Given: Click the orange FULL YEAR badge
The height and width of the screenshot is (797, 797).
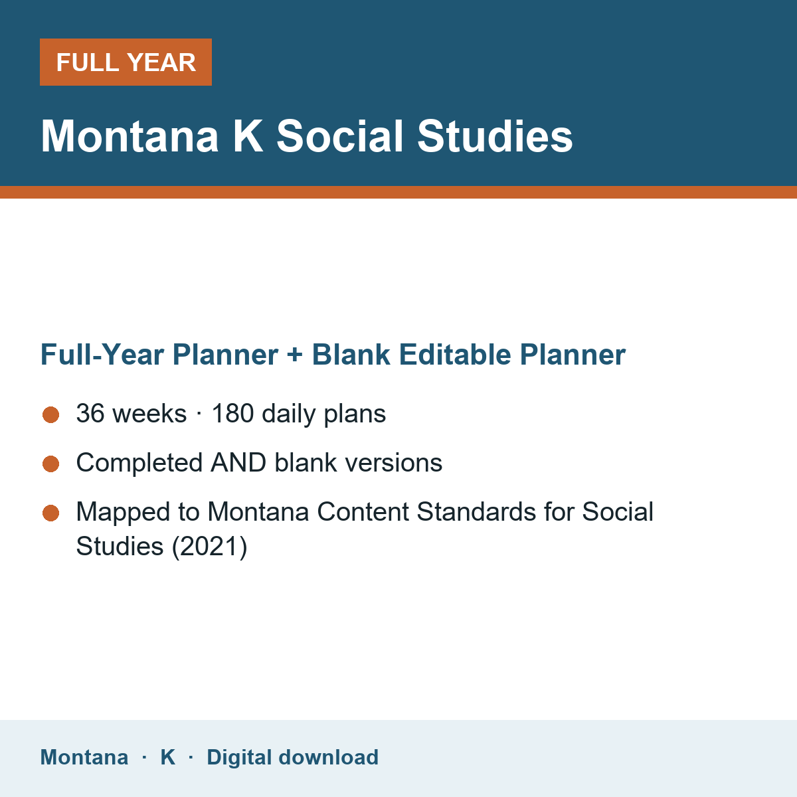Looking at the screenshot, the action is pyautogui.click(x=126, y=62).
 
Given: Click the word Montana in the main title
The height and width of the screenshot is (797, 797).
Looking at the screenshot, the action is pyautogui.click(x=130, y=136).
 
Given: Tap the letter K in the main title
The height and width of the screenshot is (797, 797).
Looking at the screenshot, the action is pyautogui.click(x=248, y=136).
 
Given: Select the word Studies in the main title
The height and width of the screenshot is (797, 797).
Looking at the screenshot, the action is pyautogui.click(x=495, y=136).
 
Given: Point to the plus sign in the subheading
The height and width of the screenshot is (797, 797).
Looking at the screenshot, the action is pyautogui.click(x=295, y=355).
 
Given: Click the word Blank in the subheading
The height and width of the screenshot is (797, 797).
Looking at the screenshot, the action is pyautogui.click(x=351, y=355).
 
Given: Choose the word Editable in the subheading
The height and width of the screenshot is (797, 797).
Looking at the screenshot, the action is pyautogui.click(x=454, y=355).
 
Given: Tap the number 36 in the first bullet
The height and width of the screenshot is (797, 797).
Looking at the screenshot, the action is pyautogui.click(x=90, y=413).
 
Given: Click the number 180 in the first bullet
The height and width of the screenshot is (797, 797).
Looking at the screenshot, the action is pyautogui.click(x=232, y=413).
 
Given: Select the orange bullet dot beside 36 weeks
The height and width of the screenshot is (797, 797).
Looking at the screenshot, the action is pyautogui.click(x=51, y=415).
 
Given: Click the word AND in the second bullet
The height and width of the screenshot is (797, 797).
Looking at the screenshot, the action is pyautogui.click(x=238, y=462).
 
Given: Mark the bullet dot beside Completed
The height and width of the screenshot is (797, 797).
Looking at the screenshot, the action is pyautogui.click(x=51, y=464).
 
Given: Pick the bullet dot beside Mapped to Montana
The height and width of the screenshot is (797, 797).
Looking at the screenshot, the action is pyautogui.click(x=51, y=513).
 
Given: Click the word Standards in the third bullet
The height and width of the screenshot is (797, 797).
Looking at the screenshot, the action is pyautogui.click(x=476, y=511).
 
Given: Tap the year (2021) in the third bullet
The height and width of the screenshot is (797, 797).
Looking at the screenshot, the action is pyautogui.click(x=209, y=546).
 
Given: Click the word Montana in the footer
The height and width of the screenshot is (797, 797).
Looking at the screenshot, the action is pyautogui.click(x=84, y=757).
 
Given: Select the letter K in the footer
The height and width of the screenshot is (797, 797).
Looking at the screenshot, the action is pyautogui.click(x=167, y=757).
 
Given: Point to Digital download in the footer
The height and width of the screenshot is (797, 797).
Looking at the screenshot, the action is pyautogui.click(x=292, y=757).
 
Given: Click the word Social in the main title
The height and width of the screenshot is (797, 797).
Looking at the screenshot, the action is pyautogui.click(x=339, y=136).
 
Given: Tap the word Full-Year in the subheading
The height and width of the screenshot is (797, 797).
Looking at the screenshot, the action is pyautogui.click(x=102, y=355).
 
